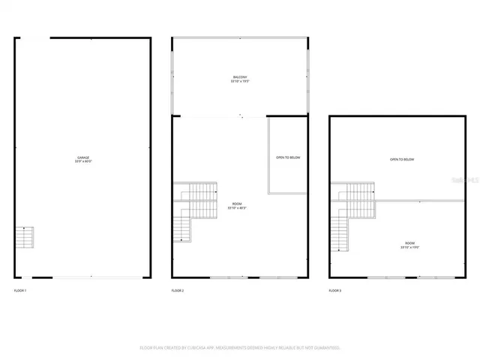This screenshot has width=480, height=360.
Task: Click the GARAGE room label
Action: (x=82, y=157)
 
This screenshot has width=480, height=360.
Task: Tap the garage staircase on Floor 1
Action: (x=25, y=238)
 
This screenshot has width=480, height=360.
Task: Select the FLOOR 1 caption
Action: (x=20, y=290)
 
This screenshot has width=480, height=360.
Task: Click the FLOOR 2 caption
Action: (x=178, y=290)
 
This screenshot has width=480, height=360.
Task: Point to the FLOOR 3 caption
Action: (x=335, y=290)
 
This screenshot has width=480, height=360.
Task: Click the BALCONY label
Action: (x=239, y=77)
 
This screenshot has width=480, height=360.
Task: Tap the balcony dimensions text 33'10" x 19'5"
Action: (x=239, y=81)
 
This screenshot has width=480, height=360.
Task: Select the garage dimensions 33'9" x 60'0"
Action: (x=82, y=161)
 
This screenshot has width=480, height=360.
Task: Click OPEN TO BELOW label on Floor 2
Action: (x=289, y=157)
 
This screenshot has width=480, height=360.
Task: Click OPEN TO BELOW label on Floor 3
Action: (x=401, y=160)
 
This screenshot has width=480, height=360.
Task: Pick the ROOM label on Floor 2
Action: (x=237, y=204)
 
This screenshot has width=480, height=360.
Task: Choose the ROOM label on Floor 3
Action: (x=409, y=243)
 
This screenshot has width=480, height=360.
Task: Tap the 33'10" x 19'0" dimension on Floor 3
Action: (x=409, y=247)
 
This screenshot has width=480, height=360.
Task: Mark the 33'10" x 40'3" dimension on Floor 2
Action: (x=237, y=208)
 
